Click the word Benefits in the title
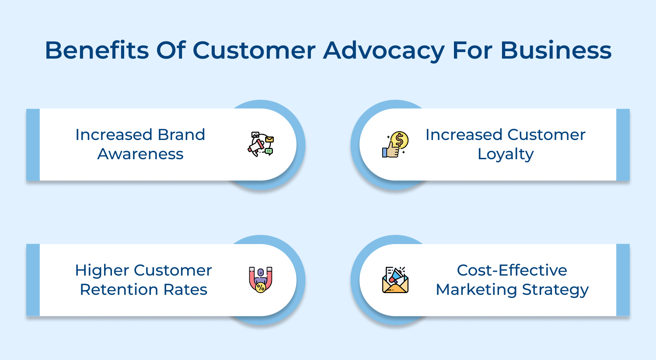click(97, 50)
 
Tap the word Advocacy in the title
click(384, 50)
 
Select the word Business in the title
click(555, 50)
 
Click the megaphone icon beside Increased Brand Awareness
click(261, 144)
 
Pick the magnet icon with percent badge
click(261, 280)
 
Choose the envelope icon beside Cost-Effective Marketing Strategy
click(395, 280)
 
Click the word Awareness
click(140, 154)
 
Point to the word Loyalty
click(506, 154)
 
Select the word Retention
click(117, 290)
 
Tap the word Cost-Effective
click(512, 270)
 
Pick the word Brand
click(181, 135)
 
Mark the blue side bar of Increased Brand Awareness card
click(33, 144)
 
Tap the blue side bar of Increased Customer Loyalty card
click(623, 144)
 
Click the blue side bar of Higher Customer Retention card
click(33, 280)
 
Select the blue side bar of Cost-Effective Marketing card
click(623, 280)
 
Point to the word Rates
click(188, 290)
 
